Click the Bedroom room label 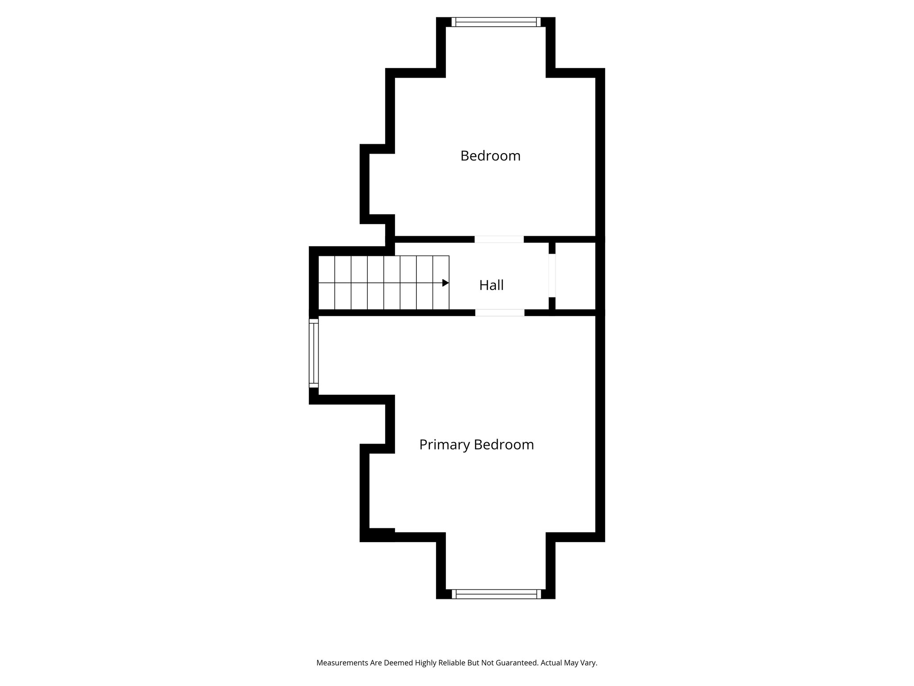(490, 156)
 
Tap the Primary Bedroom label (476, 445)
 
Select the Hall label (491, 285)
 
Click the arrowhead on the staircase (445, 283)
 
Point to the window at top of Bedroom (496, 22)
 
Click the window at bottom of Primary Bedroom (496, 594)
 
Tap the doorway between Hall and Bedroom (499, 239)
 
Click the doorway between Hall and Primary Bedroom (499, 313)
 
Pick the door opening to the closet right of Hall (552, 276)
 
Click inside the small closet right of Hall (575, 276)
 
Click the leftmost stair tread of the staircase (327, 283)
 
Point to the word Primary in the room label (445, 445)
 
